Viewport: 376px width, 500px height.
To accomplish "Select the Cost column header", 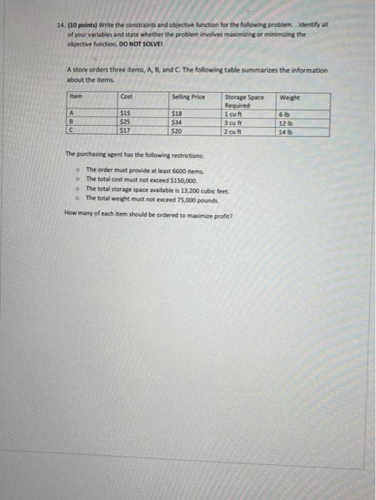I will point(127,96).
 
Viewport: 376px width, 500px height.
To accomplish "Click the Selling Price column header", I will point(189,96).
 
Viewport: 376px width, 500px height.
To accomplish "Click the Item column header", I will point(76,96).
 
